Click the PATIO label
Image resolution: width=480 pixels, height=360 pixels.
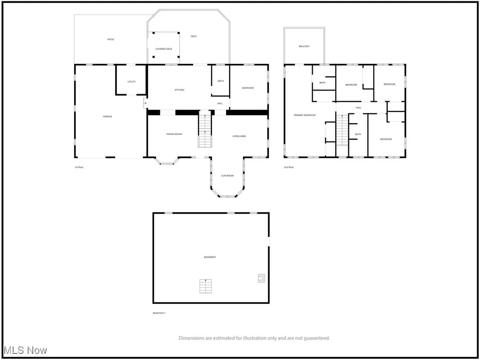tap(111, 39)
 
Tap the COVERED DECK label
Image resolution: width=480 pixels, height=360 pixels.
tap(164, 49)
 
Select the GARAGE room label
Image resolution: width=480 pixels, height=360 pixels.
tap(107, 116)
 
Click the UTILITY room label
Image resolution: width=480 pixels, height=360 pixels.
tap(131, 82)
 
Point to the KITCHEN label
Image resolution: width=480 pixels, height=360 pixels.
tap(179, 90)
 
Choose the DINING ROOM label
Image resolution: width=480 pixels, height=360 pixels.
tap(174, 134)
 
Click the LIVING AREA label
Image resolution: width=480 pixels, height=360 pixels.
tap(239, 136)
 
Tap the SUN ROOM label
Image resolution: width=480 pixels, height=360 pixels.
tap(227, 175)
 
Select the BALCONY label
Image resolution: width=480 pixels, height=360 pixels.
tap(304, 46)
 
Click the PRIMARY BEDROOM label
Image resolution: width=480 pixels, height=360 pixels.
tap(305, 115)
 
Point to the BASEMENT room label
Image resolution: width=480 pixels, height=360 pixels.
tap(210, 257)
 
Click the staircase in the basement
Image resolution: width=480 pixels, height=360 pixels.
tap(206, 286)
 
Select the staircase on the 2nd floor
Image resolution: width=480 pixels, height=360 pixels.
tap(342, 132)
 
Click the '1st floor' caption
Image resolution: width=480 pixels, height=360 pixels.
tap(79, 167)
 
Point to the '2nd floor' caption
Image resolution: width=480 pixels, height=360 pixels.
tap(289, 167)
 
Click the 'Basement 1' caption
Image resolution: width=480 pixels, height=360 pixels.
tap(159, 313)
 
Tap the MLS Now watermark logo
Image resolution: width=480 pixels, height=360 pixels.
tap(24, 350)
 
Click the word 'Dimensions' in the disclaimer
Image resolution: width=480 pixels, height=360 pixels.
tap(191, 337)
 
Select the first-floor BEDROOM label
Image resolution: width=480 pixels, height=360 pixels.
tap(247, 88)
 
